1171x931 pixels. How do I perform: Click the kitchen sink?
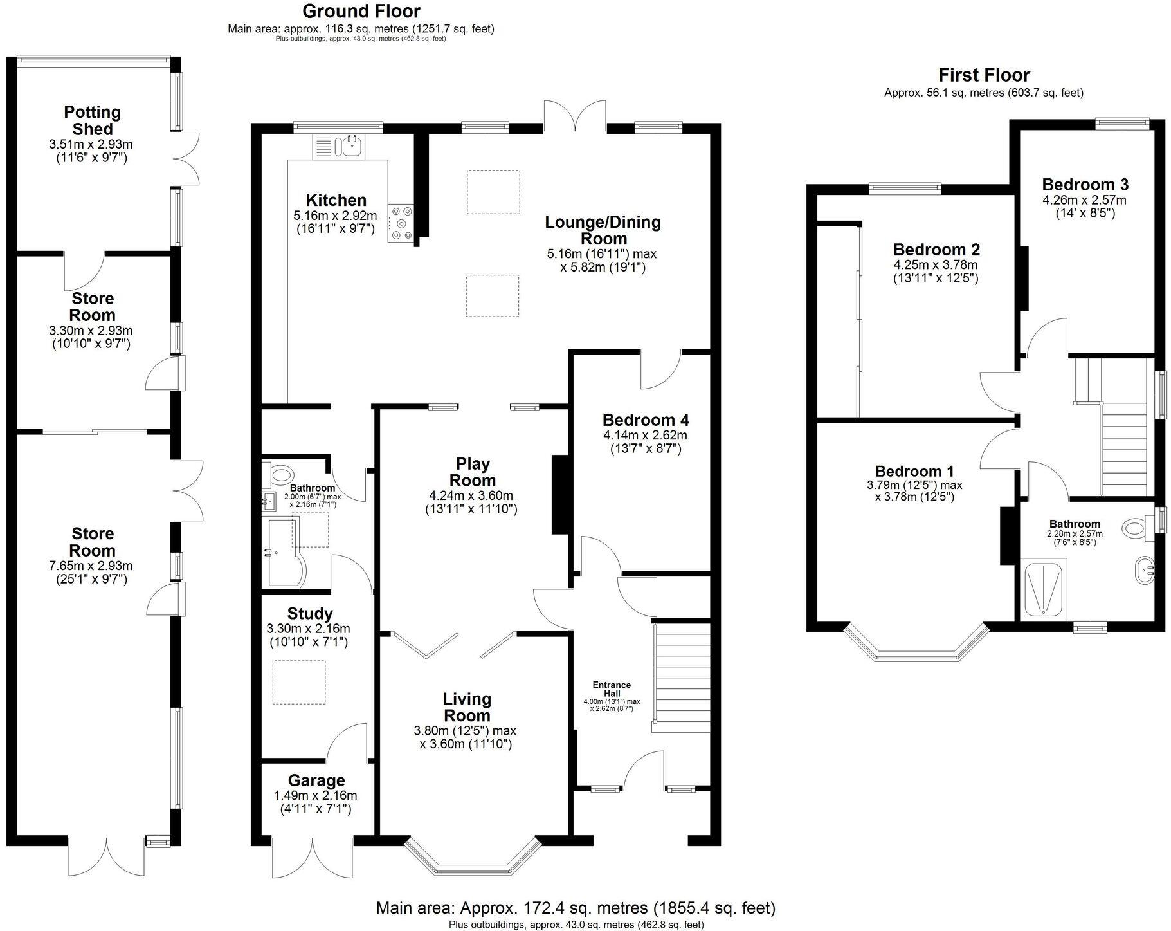pyautogui.click(x=352, y=147)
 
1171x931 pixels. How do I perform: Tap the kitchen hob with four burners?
pyautogui.click(x=401, y=223)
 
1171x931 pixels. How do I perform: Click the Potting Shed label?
pyautogui.click(x=93, y=120)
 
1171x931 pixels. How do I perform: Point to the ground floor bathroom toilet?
pyautogui.click(x=279, y=475)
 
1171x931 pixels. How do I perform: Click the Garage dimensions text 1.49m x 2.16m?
pyautogui.click(x=315, y=796)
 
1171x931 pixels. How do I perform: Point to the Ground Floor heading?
pyautogui.click(x=361, y=11)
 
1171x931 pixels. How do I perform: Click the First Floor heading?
pyautogui.click(x=984, y=75)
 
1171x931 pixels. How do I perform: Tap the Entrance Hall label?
pyautogui.click(x=612, y=688)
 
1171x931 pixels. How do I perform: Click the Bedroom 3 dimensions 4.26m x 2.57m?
pyautogui.click(x=1084, y=200)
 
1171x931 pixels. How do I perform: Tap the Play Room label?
pyautogui.click(x=472, y=472)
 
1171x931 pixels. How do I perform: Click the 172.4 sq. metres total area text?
pyautogui.click(x=576, y=908)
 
